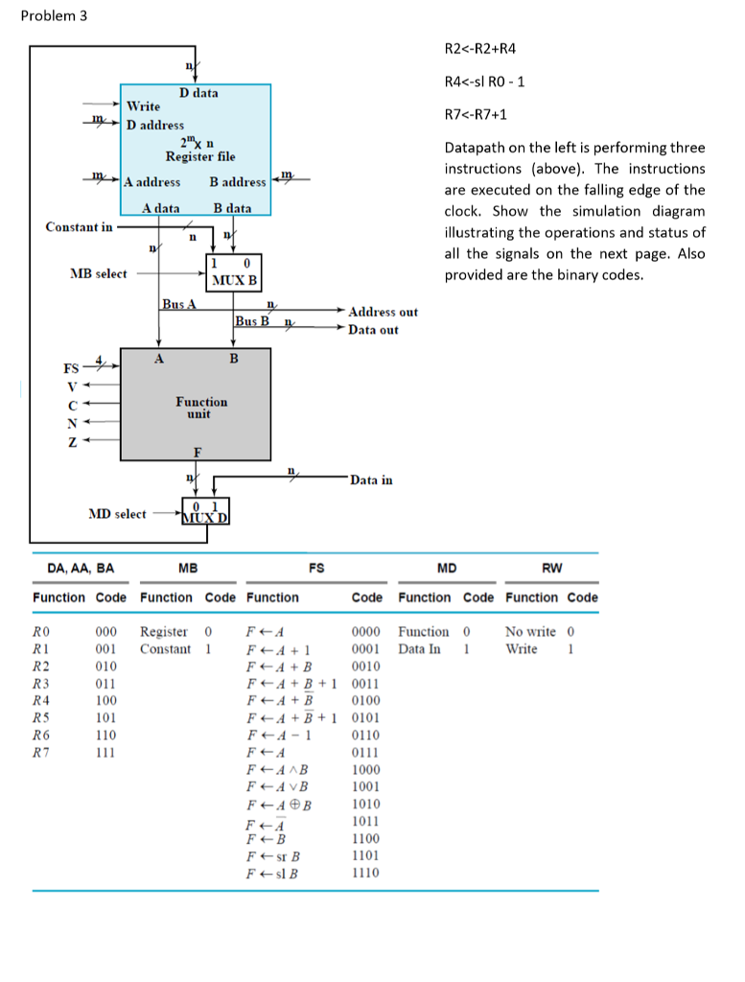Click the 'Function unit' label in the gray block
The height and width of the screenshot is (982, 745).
tap(201, 408)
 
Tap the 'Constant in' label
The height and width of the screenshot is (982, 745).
tap(79, 227)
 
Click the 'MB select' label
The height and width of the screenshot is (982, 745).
tap(98, 273)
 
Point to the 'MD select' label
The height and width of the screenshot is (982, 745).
tap(117, 514)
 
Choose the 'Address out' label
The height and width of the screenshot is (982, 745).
tap(383, 312)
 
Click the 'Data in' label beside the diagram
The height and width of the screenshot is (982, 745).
tap(371, 479)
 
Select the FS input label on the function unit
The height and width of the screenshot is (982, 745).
tap(72, 367)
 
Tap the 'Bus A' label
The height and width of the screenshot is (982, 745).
tap(178, 304)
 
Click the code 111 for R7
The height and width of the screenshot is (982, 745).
tap(105, 752)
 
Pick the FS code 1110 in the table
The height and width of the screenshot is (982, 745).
tap(365, 873)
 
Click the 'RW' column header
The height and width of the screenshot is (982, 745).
tap(551, 568)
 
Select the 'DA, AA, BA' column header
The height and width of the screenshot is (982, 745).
tap(81, 568)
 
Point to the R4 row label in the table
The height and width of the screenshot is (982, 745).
tap(40, 700)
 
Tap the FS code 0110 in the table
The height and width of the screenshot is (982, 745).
tap(365, 735)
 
